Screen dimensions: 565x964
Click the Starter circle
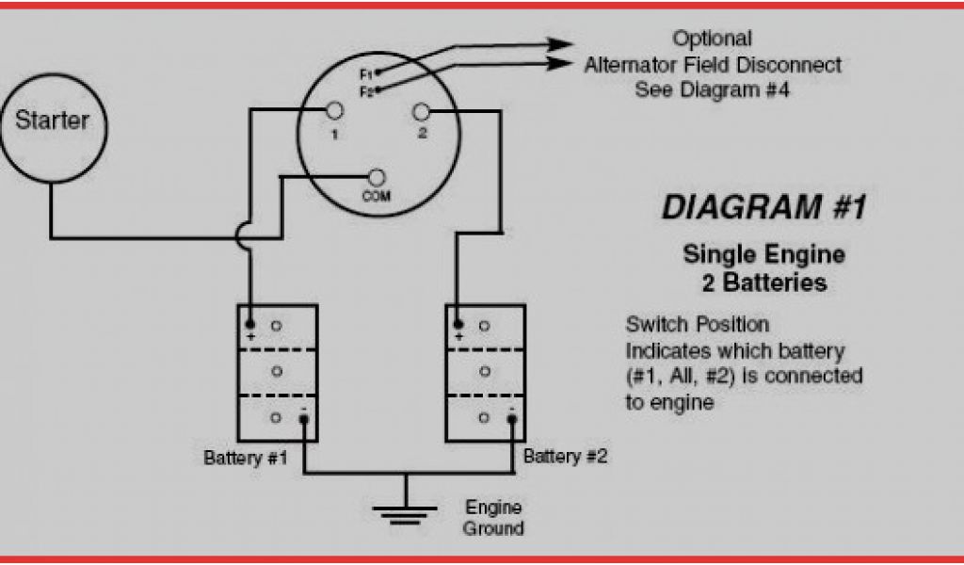53,121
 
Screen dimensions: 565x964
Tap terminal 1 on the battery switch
333,112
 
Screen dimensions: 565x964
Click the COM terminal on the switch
377,177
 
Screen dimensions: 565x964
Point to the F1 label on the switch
366,73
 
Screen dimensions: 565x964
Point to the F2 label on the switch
366,90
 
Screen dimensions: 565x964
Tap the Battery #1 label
246,459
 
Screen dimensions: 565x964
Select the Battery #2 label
565,457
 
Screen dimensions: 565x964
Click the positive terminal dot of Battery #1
251,323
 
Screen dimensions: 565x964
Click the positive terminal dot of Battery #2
458,323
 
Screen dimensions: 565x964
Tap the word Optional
712,40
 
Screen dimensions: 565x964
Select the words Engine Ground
493,518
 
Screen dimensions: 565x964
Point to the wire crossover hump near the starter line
243,235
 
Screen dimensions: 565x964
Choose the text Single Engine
763,254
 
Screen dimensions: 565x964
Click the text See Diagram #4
712,90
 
